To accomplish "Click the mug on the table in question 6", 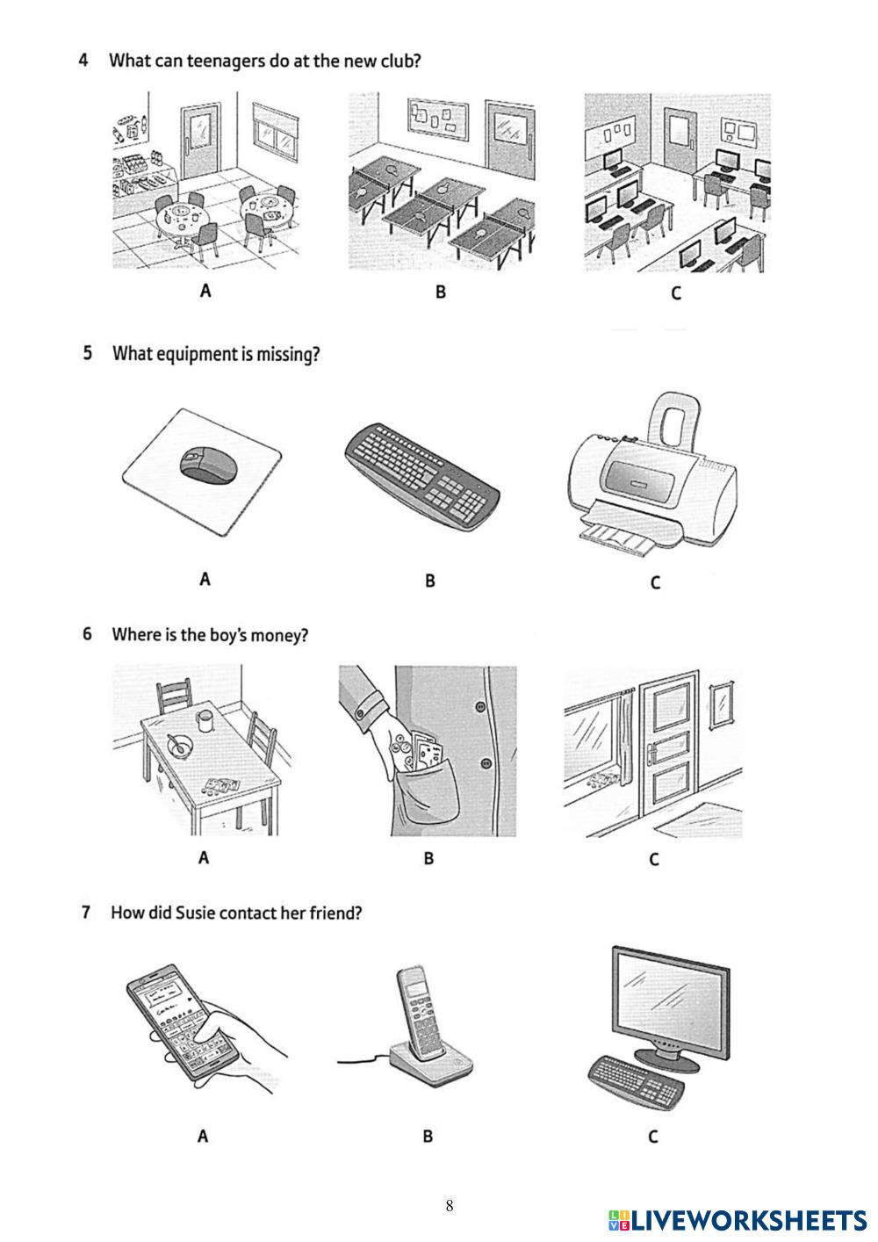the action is click(x=205, y=720).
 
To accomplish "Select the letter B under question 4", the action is click(x=441, y=292).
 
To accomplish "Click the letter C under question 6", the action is click(x=653, y=859).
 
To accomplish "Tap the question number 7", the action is click(x=86, y=913).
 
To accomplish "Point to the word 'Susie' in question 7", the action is click(x=196, y=913).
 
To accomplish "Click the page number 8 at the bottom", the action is click(x=450, y=1205).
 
